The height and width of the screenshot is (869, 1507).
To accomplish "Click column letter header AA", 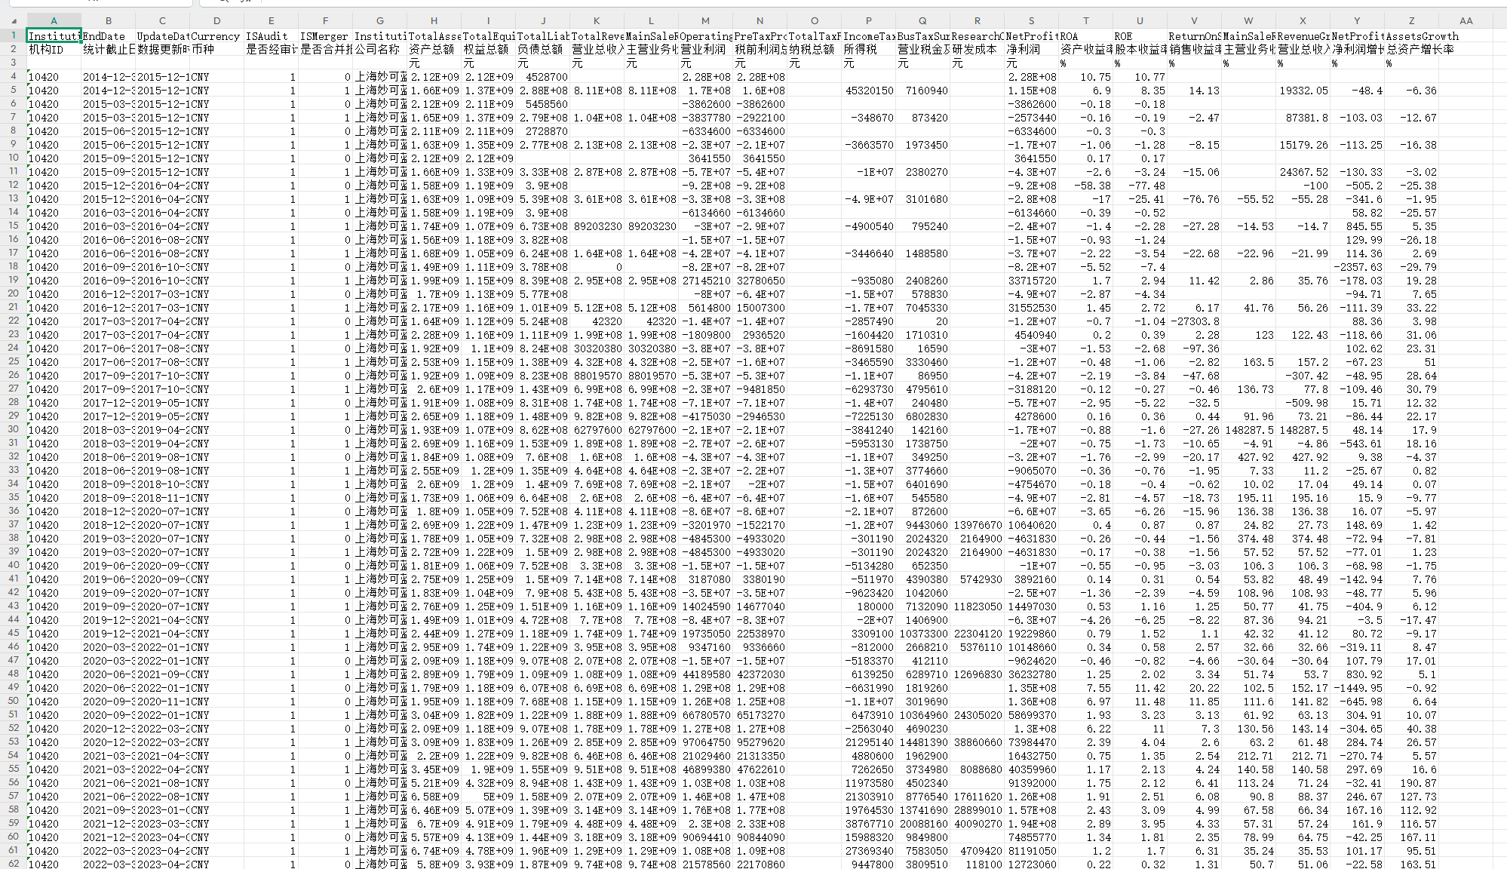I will coord(1466,21).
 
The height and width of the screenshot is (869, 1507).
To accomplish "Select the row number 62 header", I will coord(14,864).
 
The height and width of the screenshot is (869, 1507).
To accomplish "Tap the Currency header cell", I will coord(216,36).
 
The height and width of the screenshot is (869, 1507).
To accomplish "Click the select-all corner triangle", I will coord(14,21).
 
